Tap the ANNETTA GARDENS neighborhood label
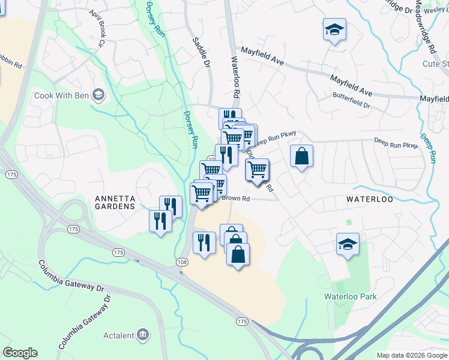tap(115, 202)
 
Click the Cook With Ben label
tap(61, 95)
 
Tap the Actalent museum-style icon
tap(143, 334)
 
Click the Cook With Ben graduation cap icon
tap(98, 95)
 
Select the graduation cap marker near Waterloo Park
tap(348, 244)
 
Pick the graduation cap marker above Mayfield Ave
tap(334, 29)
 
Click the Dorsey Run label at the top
tap(155, 16)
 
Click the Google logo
tap(20, 353)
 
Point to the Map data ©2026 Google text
tap(412, 355)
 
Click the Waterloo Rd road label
tap(236, 79)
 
